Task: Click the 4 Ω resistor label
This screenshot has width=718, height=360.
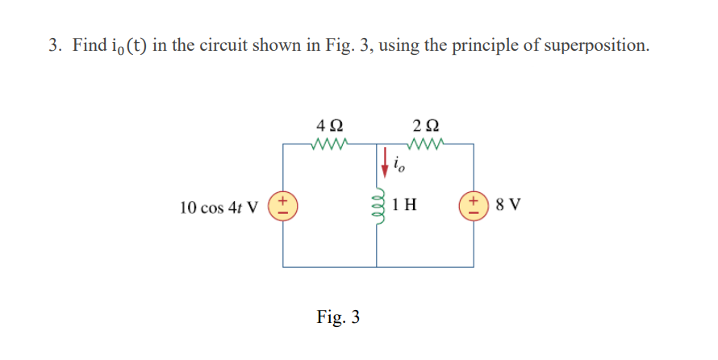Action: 330,127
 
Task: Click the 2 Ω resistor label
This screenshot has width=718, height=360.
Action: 424,127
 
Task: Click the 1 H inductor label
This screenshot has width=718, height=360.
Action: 406,205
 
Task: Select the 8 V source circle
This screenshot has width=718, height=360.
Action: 473,205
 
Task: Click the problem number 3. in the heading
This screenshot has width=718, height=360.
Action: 54,45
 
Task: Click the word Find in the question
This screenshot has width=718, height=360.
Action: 88,45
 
